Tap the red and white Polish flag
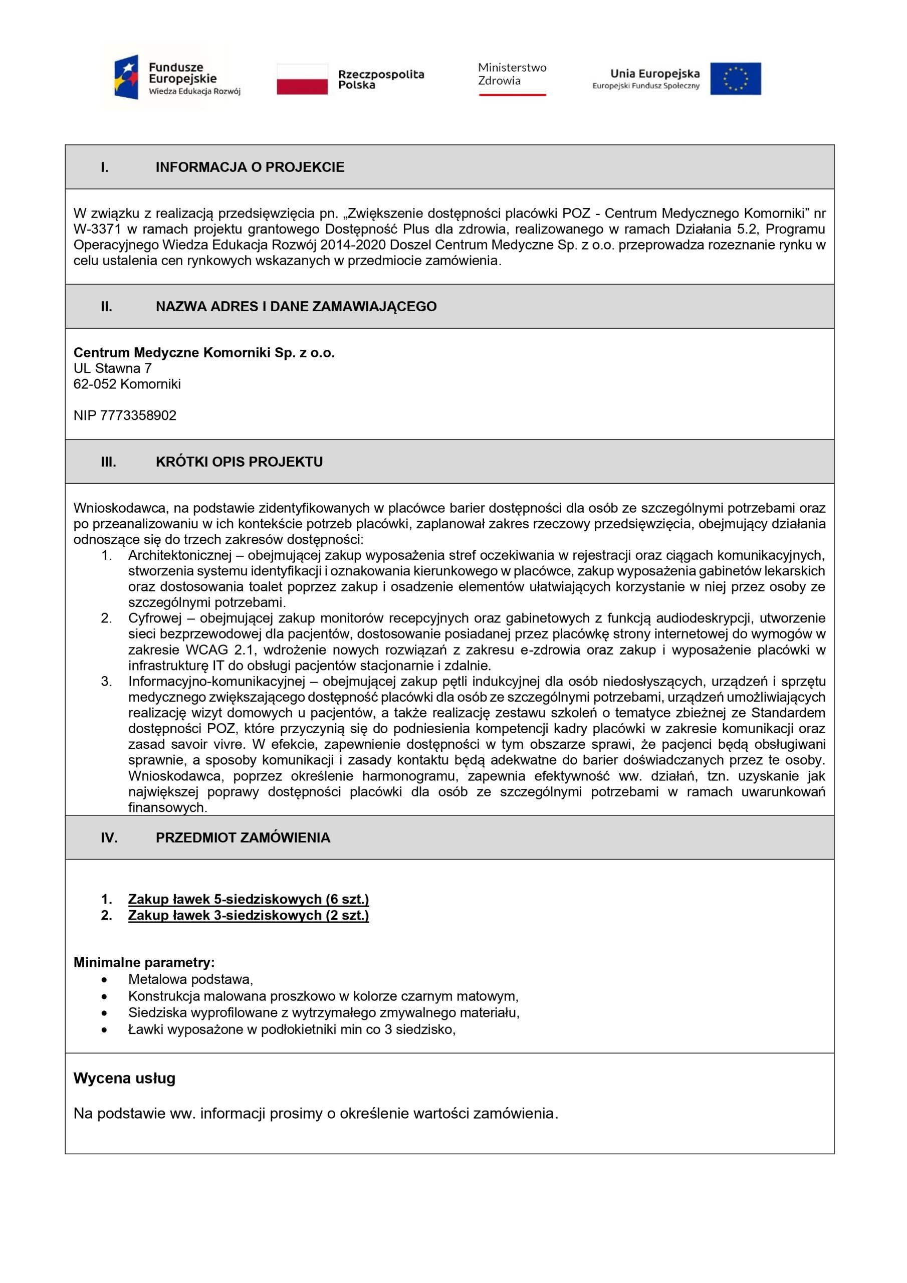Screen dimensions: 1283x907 (x=302, y=79)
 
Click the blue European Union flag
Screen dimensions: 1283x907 (x=736, y=78)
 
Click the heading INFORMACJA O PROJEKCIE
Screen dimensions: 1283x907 (x=250, y=167)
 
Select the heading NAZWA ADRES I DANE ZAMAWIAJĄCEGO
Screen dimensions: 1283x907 (x=296, y=306)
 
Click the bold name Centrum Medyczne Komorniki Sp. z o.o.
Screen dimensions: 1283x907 (x=204, y=353)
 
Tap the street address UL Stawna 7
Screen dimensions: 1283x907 (x=112, y=368)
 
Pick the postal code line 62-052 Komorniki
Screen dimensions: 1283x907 (x=127, y=384)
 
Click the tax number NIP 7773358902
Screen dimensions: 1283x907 (x=125, y=415)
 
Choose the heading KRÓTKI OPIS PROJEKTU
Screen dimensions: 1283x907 (x=239, y=462)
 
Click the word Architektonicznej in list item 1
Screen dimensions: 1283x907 (x=179, y=555)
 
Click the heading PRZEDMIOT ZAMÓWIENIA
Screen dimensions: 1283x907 (x=243, y=837)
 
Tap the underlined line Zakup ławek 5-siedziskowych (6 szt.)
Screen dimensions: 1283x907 (x=248, y=899)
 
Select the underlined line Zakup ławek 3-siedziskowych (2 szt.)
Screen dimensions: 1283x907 (x=248, y=915)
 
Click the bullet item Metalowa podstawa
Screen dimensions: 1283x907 (x=190, y=979)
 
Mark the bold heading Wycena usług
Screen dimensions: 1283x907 (x=125, y=1079)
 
